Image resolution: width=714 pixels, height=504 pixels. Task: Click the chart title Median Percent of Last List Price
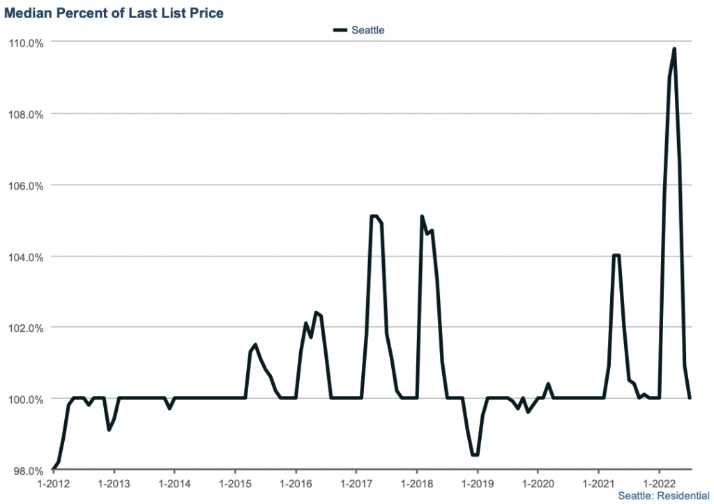point(114,13)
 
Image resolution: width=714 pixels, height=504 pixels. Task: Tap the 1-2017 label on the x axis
point(356,482)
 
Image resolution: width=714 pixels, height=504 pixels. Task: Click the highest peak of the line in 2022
point(674,49)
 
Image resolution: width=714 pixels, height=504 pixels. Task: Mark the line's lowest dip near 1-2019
point(475,455)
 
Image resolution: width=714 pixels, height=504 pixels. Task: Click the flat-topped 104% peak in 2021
point(616,255)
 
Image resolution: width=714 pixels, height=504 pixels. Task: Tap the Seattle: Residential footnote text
point(658,496)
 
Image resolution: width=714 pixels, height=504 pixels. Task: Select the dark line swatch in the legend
point(340,30)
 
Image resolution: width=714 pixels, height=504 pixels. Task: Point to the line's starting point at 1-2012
point(53,470)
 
